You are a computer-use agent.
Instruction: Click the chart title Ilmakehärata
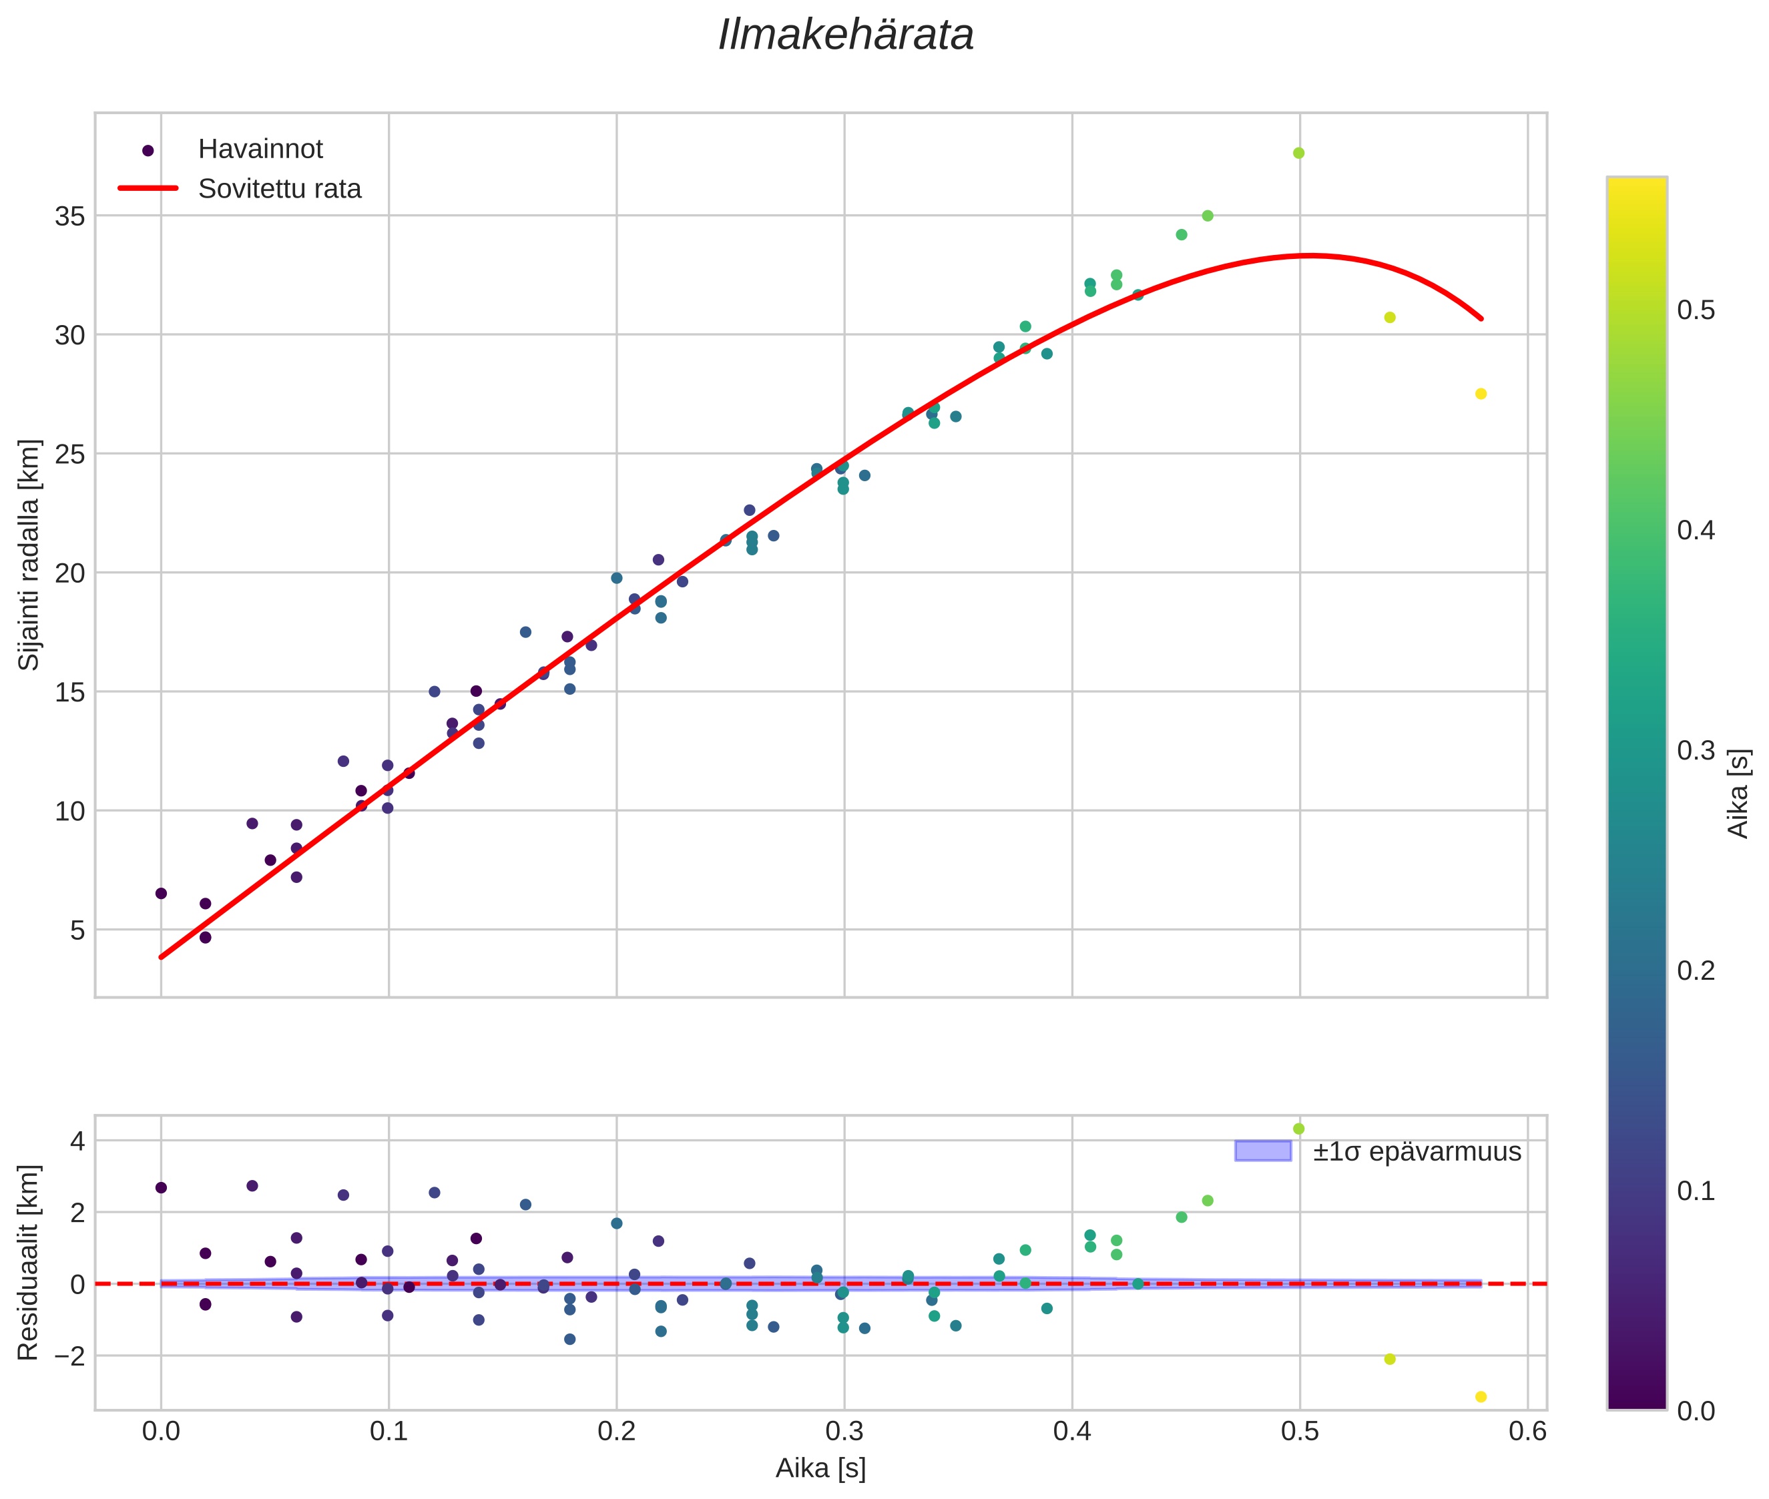pos(845,35)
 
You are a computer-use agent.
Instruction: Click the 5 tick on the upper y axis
pos(77,930)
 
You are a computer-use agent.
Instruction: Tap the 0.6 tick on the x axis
pos(1527,1431)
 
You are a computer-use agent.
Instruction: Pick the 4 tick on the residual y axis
pos(77,1141)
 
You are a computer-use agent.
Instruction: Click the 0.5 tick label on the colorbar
pos(1695,310)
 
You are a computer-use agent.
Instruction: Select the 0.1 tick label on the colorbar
pos(1695,1191)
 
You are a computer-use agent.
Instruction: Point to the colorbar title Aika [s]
pos(1739,793)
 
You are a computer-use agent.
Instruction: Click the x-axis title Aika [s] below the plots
pos(820,1468)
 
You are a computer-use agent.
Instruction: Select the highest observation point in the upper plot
pos(1298,153)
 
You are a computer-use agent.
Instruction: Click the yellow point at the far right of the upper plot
pos(1480,394)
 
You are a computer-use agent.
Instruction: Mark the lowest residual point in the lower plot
pos(1480,1396)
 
